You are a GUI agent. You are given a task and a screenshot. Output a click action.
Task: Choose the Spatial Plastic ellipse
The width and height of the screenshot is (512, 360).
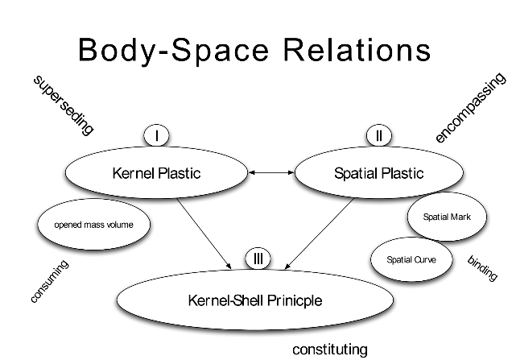coord(366,173)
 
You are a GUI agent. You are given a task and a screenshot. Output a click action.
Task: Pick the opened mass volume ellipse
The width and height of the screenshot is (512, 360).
coord(93,225)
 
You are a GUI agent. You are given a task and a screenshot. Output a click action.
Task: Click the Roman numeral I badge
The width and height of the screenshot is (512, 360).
coord(157,135)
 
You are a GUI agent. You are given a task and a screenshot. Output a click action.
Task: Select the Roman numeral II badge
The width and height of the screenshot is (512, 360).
coord(378,135)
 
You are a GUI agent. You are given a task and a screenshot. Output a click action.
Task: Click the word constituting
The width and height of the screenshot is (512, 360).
coord(330,350)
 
